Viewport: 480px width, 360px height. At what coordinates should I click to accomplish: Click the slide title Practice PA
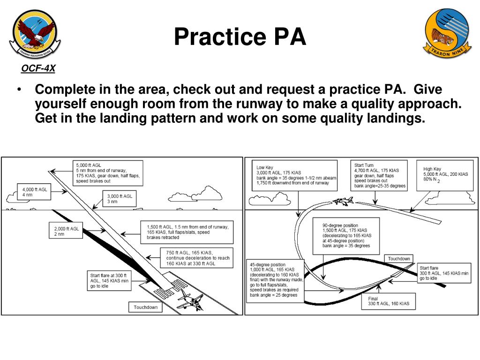pos(240,37)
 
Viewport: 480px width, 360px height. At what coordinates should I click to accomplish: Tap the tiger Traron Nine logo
pos(446,33)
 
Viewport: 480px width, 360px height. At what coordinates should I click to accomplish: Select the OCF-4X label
pos(38,69)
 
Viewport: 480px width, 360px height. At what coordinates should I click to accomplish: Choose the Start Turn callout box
pos(380,175)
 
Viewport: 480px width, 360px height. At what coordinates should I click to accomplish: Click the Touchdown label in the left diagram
pos(146,307)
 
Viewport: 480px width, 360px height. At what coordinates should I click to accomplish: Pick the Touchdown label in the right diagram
pos(399,259)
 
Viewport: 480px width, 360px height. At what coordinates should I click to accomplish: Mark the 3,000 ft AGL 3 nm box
pos(120,199)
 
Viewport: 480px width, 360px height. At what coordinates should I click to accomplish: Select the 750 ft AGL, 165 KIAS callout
pos(197,258)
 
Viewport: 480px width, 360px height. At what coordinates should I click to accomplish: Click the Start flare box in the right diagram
pos(443,273)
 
